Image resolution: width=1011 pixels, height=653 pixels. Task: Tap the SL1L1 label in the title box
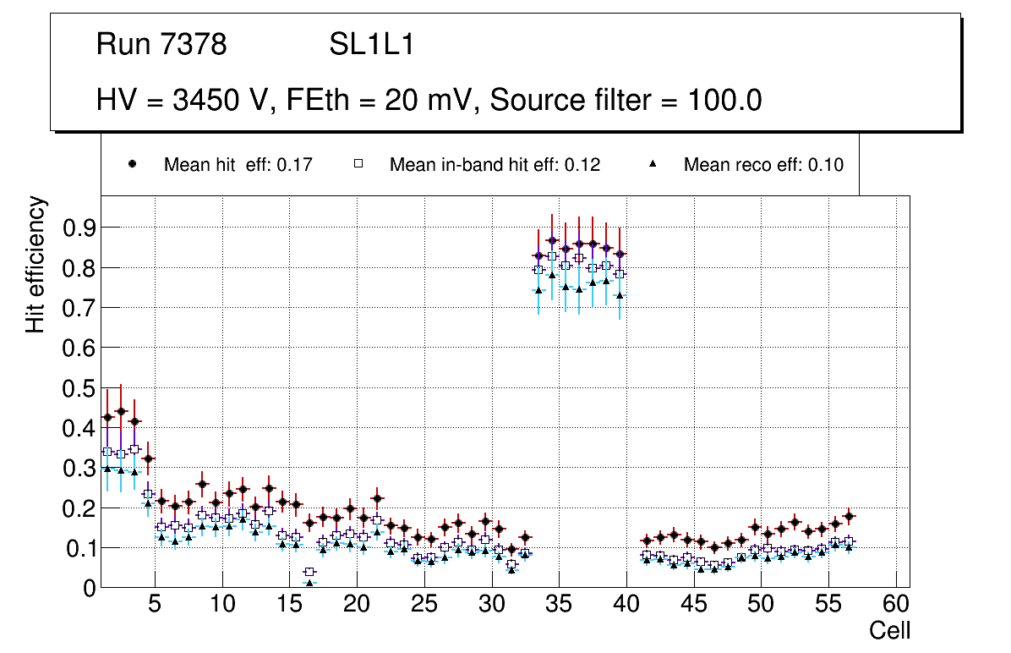point(372,45)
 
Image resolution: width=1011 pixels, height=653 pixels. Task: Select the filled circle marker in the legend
point(131,164)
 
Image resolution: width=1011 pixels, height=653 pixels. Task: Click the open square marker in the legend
point(357,164)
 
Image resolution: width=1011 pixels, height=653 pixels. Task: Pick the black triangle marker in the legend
point(652,164)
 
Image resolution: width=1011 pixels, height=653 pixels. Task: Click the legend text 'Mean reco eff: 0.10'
point(763,165)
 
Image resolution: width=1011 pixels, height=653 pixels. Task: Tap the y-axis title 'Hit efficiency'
point(36,264)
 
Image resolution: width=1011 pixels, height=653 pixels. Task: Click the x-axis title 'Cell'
point(890,630)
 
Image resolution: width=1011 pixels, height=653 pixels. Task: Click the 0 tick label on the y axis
point(88,588)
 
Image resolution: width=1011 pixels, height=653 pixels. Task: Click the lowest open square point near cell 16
point(309,572)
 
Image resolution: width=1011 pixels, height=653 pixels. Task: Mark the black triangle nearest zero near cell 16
point(309,583)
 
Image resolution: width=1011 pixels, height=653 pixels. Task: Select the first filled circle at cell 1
point(107,418)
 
